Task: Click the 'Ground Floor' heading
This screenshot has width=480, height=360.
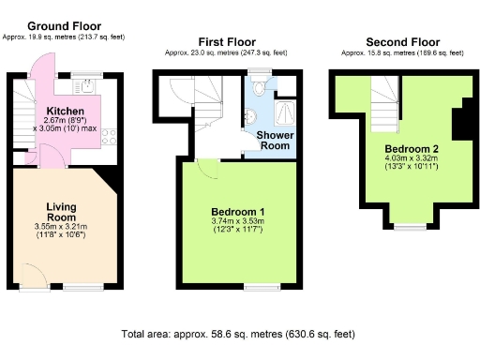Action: point(65,25)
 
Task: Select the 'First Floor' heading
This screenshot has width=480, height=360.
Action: point(226,42)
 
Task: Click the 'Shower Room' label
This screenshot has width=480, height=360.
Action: point(275,141)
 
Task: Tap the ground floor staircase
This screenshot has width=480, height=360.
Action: point(24,122)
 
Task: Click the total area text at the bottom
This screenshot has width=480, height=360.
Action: point(238,334)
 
